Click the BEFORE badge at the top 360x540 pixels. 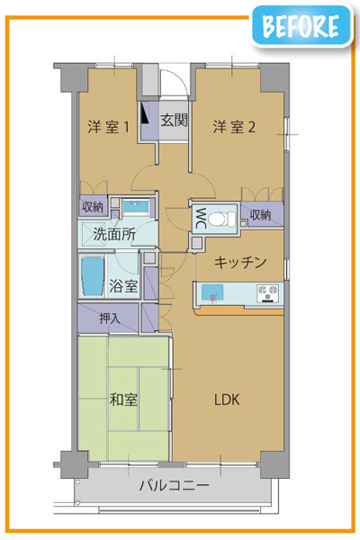[302, 25]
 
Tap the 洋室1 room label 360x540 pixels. [108, 127]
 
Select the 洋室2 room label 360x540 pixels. [234, 127]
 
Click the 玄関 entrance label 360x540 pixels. [174, 121]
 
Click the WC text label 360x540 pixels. [201, 218]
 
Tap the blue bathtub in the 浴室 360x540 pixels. [93, 276]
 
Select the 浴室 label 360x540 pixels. [123, 286]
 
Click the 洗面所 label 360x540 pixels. [114, 235]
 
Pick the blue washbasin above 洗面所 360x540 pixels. [135, 207]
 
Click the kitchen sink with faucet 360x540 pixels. [212, 293]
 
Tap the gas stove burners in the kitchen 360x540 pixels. [267, 293]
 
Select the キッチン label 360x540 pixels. [240, 263]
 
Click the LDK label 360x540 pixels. [227, 400]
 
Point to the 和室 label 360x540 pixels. [123, 400]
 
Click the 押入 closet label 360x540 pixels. [110, 319]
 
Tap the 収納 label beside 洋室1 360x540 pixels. [93, 207]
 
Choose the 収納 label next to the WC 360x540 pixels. [260, 215]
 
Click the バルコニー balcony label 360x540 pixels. [174, 486]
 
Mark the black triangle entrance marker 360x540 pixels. [144, 114]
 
